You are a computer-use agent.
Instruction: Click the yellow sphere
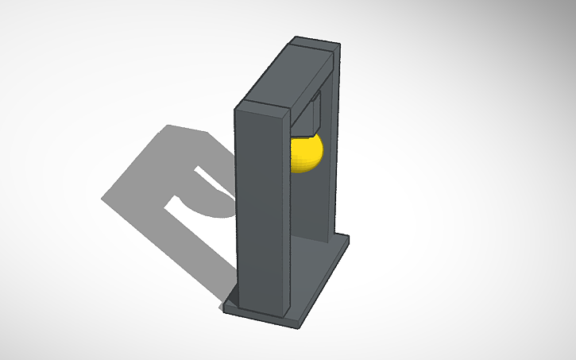[305, 153]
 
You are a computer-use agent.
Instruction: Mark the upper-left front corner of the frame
[236, 108]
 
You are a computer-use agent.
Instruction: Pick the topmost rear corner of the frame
[296, 37]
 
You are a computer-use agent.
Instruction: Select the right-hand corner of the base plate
[350, 238]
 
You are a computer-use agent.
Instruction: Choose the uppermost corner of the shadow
[168, 125]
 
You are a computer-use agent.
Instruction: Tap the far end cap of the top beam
[337, 56]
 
